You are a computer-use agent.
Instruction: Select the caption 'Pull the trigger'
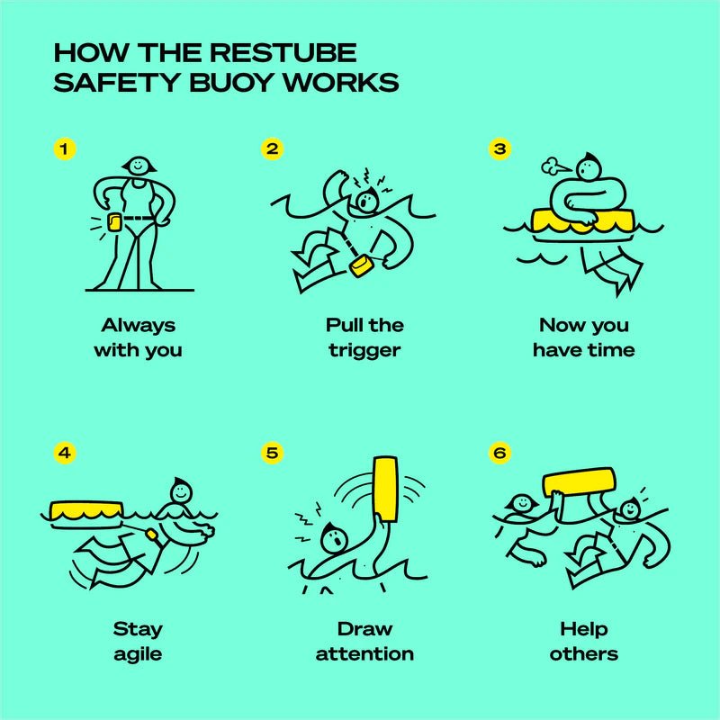pos(365,337)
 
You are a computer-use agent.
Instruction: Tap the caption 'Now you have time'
pos(583,337)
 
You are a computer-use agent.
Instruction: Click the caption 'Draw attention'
pos(365,640)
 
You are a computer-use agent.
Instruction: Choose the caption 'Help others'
pos(583,640)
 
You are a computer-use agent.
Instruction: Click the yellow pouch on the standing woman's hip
pos(114,222)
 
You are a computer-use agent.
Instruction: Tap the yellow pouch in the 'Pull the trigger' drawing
pos(363,266)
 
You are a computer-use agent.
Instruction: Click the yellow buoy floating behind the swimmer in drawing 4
pos(86,510)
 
